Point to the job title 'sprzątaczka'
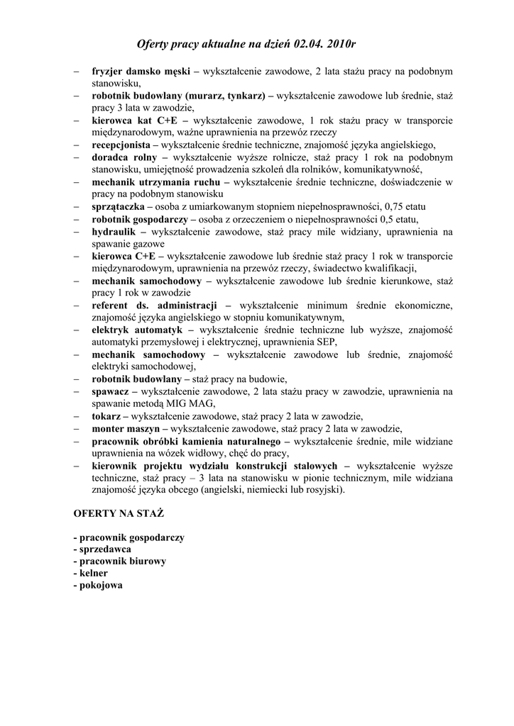(x=118, y=206)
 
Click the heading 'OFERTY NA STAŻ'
(x=119, y=511)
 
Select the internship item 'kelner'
(x=89, y=571)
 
